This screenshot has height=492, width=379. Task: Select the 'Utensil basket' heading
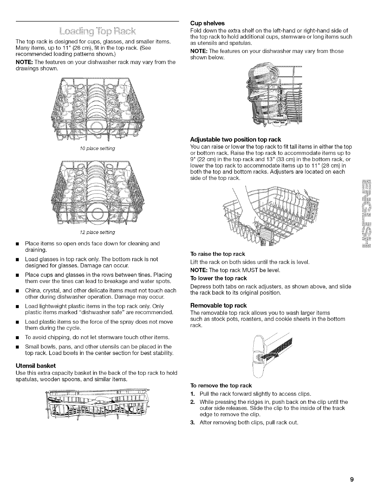tap(36, 366)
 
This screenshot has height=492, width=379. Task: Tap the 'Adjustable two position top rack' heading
tap(235, 139)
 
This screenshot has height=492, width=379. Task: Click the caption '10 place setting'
tap(97, 148)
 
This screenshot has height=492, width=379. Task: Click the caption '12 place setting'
tap(97, 232)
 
